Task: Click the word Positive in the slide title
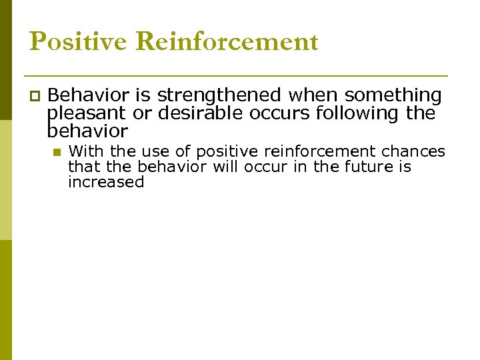pos(79,41)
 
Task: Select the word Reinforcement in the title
pos(227,41)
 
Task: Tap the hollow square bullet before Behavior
pos(35,97)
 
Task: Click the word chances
pos(413,152)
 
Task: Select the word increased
pos(106,182)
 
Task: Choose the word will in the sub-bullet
pos(225,167)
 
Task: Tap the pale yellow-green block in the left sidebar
pos(5,180)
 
